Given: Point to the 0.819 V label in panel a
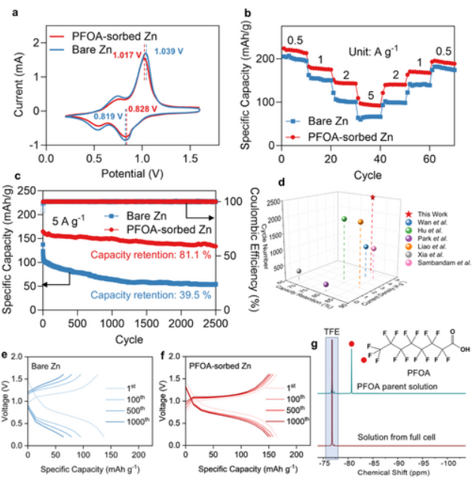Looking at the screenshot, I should click(x=109, y=116).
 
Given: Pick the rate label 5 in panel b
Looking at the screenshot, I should click(x=369, y=96).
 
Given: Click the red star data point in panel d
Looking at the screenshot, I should click(x=372, y=197).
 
